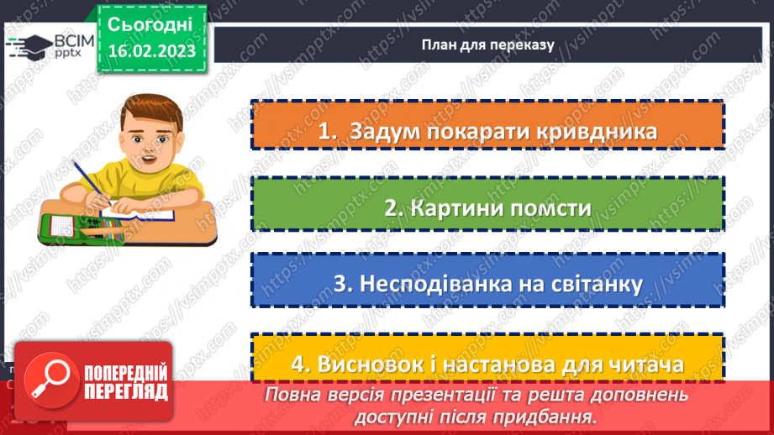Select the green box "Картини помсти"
[x=487, y=208]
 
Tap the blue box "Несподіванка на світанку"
[x=487, y=283]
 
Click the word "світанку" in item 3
[x=592, y=283]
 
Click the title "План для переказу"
[x=487, y=45]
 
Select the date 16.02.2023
[x=151, y=51]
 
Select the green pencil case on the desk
[x=76, y=227]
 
